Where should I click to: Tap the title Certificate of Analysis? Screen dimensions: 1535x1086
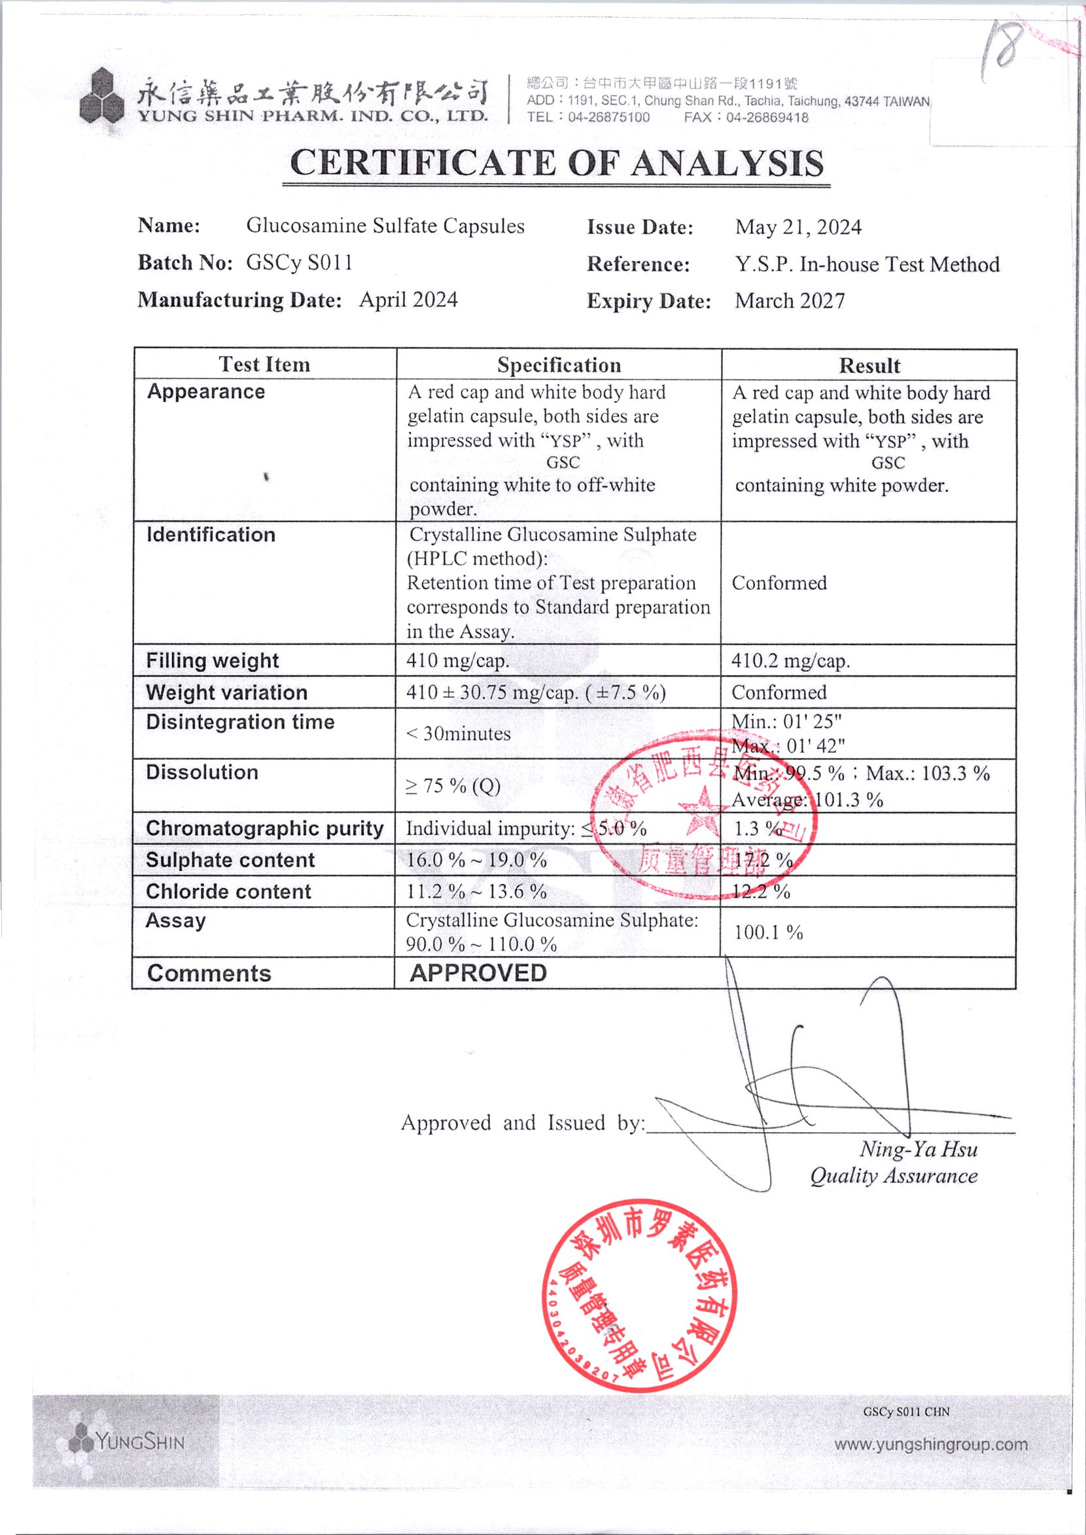(x=556, y=162)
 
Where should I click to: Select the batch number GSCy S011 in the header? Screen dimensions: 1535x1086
(x=299, y=263)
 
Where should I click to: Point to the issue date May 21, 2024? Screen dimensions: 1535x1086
(x=797, y=228)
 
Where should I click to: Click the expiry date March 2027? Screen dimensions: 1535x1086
(x=790, y=301)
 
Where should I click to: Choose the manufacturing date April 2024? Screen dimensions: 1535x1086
(x=408, y=300)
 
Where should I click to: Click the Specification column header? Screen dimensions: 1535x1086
(x=559, y=365)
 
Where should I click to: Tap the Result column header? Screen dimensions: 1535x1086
(x=869, y=366)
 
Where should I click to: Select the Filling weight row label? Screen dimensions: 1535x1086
(x=212, y=661)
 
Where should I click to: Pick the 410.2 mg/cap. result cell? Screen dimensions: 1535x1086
(x=790, y=662)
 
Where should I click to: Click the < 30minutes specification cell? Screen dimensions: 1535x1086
(x=458, y=733)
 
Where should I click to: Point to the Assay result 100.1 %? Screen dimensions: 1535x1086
(x=767, y=932)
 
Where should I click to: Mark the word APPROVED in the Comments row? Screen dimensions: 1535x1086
(x=478, y=973)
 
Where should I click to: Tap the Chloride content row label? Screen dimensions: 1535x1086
(x=228, y=892)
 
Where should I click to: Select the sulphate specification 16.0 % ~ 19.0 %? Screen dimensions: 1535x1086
(x=476, y=860)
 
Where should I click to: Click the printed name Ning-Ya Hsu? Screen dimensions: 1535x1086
(x=918, y=1150)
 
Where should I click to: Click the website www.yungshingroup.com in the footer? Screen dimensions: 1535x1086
(x=930, y=1445)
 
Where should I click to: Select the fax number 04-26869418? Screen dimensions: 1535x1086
(x=767, y=118)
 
